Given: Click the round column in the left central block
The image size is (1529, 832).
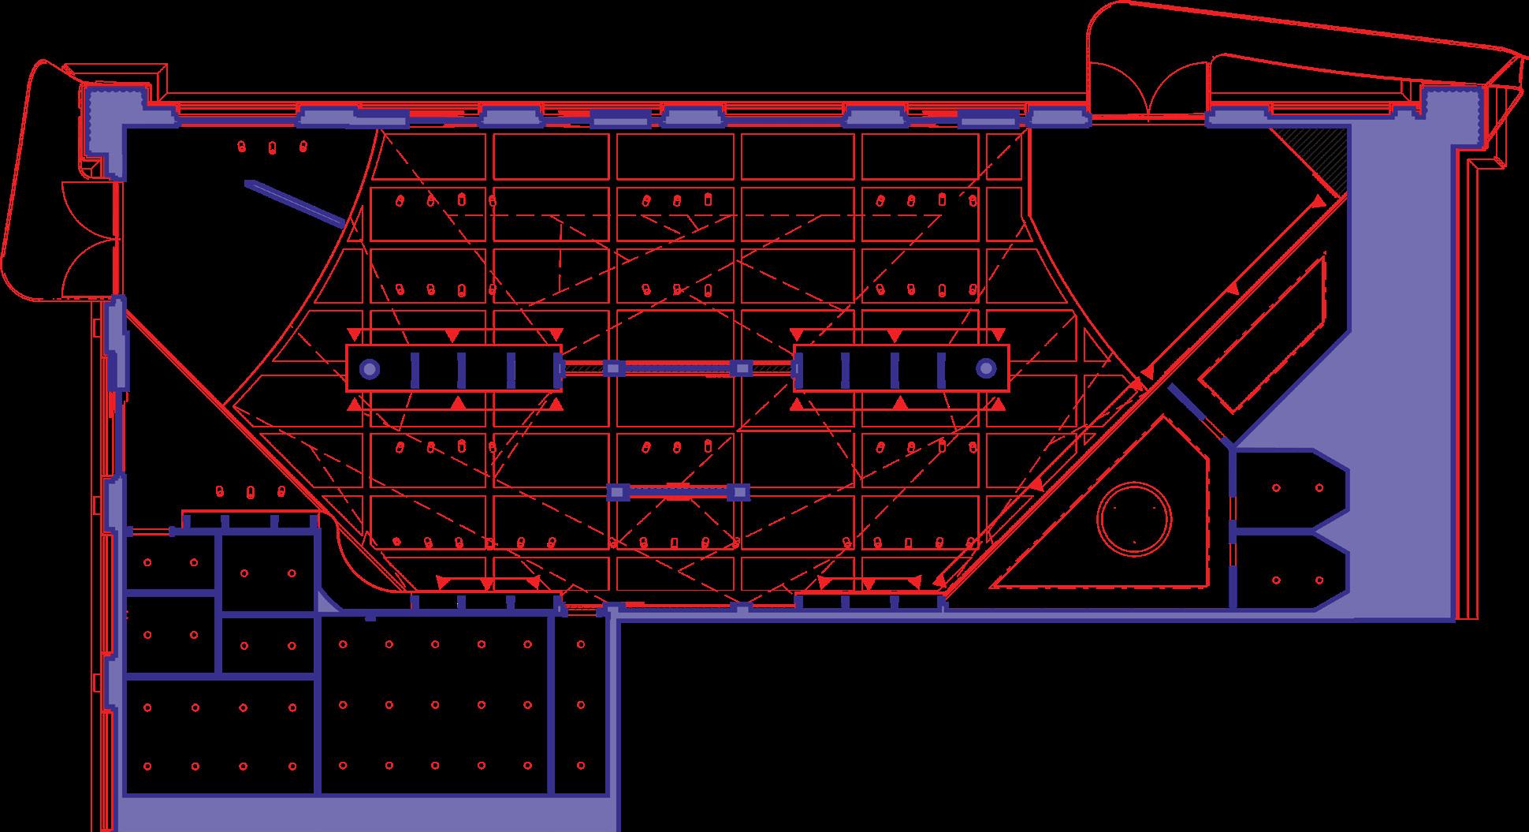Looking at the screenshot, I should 369,368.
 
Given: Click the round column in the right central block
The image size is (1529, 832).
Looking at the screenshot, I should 986,368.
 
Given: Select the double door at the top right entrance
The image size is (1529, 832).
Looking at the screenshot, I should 1148,91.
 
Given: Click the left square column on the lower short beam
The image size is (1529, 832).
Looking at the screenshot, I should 617,492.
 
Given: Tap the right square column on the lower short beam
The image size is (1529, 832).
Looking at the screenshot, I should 738,492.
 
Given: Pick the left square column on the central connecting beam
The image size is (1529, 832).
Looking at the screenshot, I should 613,368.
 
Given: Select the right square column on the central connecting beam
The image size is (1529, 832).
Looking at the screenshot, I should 741,368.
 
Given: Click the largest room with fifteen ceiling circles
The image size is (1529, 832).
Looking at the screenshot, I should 435,705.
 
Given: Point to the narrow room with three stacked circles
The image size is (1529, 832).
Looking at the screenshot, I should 581,705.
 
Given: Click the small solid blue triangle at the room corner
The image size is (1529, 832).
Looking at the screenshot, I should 325,603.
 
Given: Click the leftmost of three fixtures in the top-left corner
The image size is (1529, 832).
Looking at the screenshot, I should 242,147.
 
